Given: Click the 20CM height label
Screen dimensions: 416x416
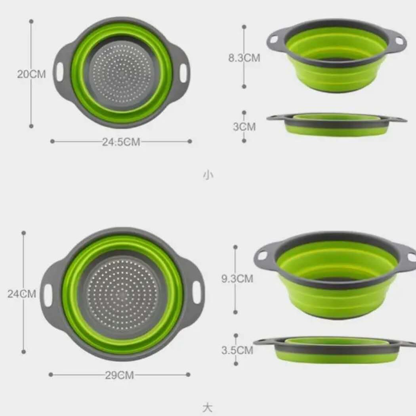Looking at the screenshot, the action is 31,74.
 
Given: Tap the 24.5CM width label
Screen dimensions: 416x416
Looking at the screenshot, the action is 121,142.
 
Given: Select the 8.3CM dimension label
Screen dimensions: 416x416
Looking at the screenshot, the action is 244,58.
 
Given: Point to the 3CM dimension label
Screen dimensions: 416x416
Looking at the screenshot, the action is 244,127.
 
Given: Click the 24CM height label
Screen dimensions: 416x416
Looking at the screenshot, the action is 22,294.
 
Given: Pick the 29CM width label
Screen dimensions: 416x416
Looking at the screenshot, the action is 120,375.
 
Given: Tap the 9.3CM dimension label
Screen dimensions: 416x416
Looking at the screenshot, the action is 237,279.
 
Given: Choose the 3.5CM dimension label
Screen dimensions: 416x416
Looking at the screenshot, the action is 237,350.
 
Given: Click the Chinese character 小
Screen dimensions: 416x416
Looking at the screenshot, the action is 208,175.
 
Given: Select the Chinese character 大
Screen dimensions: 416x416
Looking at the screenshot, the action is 207,408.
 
